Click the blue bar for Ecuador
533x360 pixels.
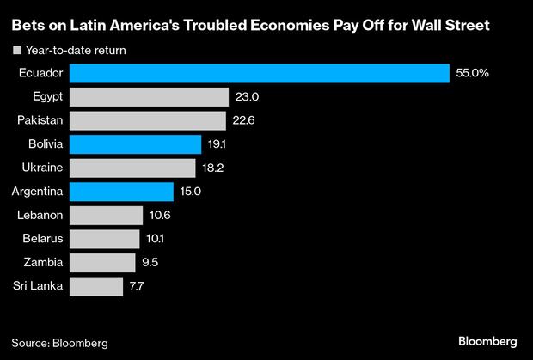pos(259,74)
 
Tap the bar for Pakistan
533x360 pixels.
pos(147,121)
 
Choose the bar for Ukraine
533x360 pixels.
pos(132,168)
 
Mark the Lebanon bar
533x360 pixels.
pos(106,215)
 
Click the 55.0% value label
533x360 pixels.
pos(473,74)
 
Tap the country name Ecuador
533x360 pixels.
pos(40,74)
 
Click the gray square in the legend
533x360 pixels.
pos(16,51)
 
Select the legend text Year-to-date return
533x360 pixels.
pos(77,51)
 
